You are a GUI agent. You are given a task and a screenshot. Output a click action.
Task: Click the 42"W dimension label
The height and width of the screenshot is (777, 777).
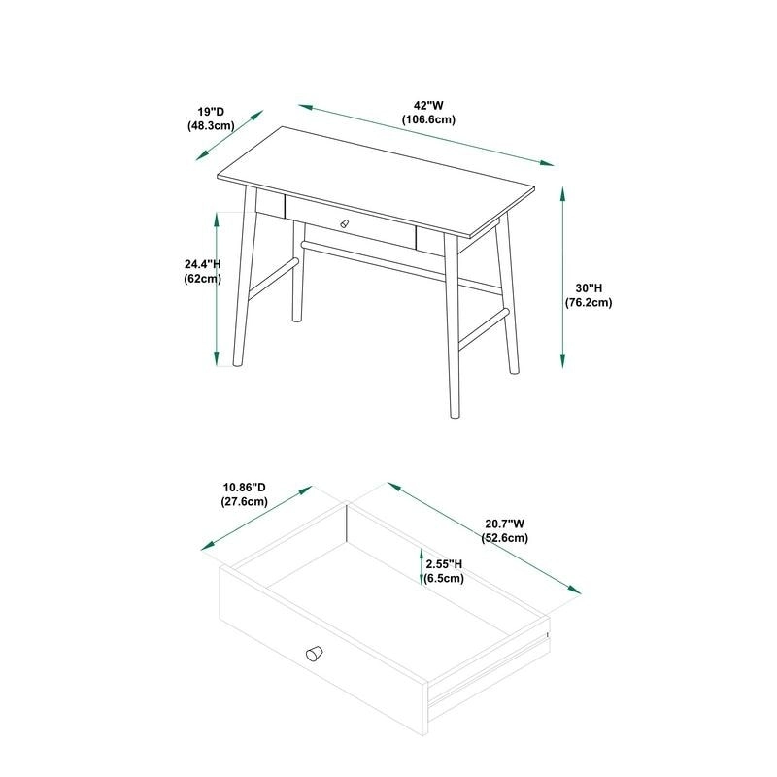click(429, 105)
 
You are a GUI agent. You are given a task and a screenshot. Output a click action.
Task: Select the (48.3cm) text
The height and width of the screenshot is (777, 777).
click(211, 126)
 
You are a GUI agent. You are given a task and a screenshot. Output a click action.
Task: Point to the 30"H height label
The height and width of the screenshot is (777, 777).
click(589, 288)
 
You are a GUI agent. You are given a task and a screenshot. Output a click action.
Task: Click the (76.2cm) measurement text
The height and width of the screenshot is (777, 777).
click(589, 303)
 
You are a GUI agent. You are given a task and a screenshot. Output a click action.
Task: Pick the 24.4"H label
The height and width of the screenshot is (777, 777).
click(203, 264)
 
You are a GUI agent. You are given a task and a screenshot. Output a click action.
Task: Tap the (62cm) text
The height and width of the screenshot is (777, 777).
click(203, 279)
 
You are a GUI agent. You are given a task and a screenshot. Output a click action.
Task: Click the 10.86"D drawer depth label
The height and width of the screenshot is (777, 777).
click(244, 488)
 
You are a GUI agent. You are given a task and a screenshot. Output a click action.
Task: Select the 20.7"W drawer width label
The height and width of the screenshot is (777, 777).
click(505, 524)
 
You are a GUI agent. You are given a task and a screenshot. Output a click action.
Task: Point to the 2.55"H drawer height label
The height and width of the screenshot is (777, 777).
click(444, 563)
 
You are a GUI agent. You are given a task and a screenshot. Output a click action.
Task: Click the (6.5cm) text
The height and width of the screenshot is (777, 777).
click(444, 578)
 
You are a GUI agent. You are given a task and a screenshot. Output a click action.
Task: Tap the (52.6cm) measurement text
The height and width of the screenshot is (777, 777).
click(505, 538)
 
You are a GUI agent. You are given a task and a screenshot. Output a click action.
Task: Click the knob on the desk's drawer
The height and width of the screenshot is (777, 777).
click(342, 224)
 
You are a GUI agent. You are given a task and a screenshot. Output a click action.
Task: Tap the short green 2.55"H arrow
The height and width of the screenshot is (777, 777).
click(421, 566)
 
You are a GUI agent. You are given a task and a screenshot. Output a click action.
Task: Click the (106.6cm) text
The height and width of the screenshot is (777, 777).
click(429, 119)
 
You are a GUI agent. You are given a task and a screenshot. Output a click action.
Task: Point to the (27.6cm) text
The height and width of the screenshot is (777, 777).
click(244, 502)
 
